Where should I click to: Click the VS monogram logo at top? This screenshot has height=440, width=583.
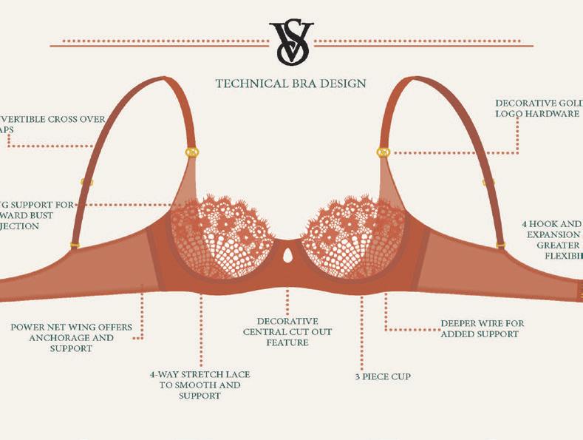pyautogui.click(x=291, y=42)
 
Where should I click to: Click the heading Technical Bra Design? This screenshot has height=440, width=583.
pyautogui.click(x=290, y=84)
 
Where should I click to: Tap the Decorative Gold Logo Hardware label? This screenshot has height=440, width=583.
pyautogui.click(x=538, y=108)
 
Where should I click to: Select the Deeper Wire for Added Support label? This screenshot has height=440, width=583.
pyautogui.click(x=482, y=328)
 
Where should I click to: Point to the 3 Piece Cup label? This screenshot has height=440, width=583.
pyautogui.click(x=382, y=376)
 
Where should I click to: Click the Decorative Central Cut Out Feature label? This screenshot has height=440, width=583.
pyautogui.click(x=287, y=332)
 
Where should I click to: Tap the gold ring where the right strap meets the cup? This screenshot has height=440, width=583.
pyautogui.click(x=383, y=152)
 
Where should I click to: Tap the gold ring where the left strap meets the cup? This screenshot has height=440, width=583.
pyautogui.click(x=191, y=152)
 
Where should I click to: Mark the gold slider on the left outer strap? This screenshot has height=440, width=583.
pyautogui.click(x=86, y=182)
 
